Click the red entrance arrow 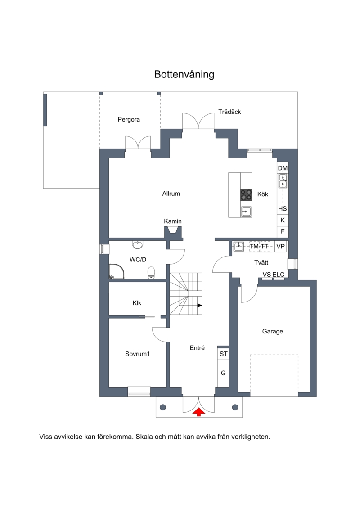198,412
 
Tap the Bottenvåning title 184,74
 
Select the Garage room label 272,331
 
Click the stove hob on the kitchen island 246,195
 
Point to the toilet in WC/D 151,273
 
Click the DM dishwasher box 283,168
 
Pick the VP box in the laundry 280,246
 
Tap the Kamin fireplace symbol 173,232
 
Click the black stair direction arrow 200,306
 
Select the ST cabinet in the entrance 223,353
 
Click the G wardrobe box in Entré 223,373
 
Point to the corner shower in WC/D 116,272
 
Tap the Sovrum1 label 137,354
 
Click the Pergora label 129,119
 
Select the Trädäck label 229,112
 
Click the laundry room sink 238,246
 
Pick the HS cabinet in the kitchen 283,208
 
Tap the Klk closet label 137,303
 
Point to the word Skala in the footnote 144,437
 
